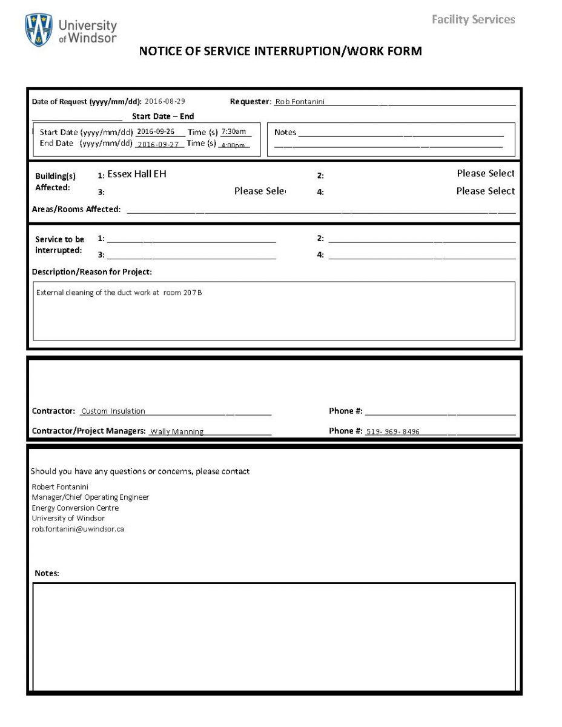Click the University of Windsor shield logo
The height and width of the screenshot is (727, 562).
click(x=38, y=30)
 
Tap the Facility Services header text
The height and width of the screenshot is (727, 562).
click(x=473, y=19)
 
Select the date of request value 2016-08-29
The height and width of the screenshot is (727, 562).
click(x=165, y=101)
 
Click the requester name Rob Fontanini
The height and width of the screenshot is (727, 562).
click(x=300, y=102)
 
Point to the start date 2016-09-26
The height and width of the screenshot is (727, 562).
click(x=156, y=131)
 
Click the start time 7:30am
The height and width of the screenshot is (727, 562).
click(x=233, y=131)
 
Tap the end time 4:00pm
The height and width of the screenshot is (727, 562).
click(x=233, y=145)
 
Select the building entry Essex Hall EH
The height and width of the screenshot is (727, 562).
click(x=136, y=174)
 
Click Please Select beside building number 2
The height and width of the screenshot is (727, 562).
click(x=485, y=173)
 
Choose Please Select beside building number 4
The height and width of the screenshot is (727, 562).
click(x=485, y=191)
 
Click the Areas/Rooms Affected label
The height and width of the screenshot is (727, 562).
click(x=76, y=209)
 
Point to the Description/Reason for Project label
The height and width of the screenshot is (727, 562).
click(x=92, y=271)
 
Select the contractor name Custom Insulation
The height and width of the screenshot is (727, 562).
click(x=113, y=411)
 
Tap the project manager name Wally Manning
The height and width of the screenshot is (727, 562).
click(x=177, y=431)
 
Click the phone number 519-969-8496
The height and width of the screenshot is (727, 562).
click(x=392, y=431)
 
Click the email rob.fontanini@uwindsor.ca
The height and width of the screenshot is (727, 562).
click(x=78, y=529)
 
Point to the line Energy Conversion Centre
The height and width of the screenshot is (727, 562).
click(x=75, y=508)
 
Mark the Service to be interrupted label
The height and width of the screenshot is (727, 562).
click(x=59, y=245)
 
